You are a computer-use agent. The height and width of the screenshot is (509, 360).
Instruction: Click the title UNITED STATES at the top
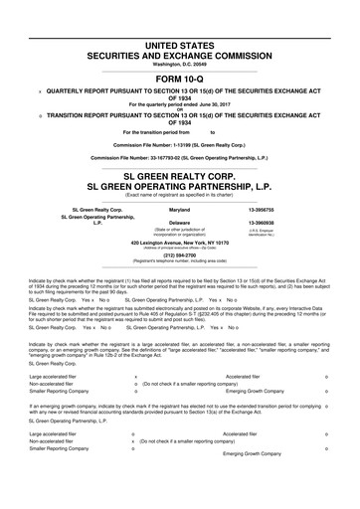click(x=179, y=20)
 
